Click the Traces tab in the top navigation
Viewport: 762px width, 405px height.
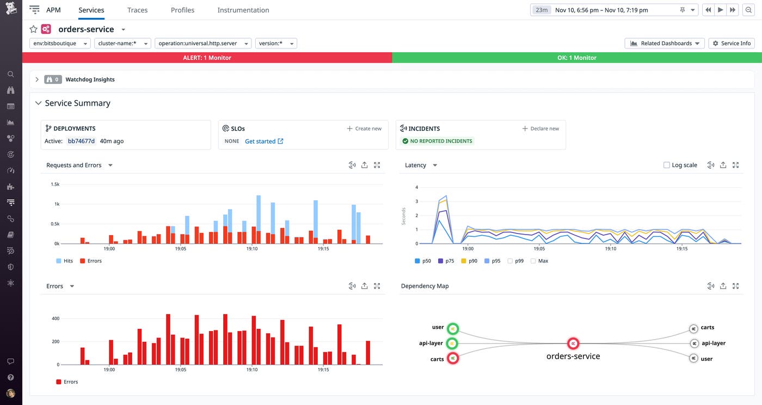point(137,10)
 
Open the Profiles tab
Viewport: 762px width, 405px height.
point(182,10)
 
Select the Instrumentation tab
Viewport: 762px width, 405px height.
point(243,10)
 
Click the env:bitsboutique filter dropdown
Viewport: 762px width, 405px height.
point(59,44)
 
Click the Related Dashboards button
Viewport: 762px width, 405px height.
point(665,44)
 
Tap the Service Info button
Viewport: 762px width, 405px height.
point(732,44)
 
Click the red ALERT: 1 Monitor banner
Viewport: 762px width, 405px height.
point(207,58)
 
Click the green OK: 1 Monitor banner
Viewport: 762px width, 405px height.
point(576,58)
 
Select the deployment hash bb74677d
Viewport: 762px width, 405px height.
point(81,141)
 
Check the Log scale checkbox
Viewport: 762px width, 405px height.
point(666,165)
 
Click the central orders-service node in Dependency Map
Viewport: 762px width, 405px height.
point(573,343)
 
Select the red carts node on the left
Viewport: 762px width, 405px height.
point(452,358)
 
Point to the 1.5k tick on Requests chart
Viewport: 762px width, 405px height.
point(55,185)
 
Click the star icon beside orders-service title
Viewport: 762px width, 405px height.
point(33,29)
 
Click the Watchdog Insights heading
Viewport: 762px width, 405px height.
point(90,79)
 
